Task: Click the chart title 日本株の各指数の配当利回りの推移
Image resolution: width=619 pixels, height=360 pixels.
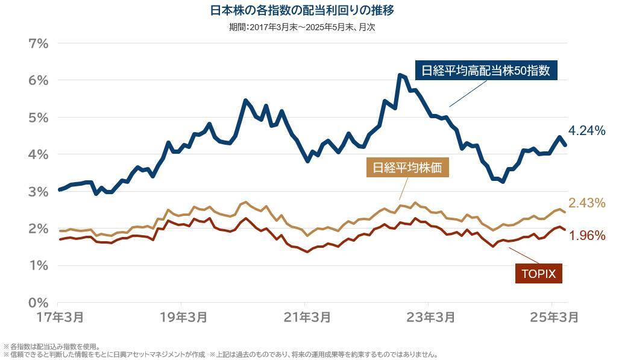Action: [304, 10]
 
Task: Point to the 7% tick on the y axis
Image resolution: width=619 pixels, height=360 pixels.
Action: [39, 43]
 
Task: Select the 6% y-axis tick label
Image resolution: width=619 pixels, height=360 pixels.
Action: [39, 80]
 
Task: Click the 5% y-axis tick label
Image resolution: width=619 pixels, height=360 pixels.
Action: [39, 118]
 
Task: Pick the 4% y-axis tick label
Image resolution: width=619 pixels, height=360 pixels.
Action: [39, 154]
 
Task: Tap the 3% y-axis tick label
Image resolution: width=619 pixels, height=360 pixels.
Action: [39, 192]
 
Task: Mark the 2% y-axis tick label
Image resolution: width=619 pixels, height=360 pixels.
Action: [39, 229]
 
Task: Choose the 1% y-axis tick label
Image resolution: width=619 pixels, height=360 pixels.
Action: [39, 265]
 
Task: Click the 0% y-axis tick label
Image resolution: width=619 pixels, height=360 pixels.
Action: [39, 302]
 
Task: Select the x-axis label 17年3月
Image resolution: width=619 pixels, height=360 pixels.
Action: [58, 317]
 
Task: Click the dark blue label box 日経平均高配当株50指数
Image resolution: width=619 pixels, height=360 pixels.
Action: [486, 70]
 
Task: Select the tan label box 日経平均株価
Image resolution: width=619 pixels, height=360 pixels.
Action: [407, 168]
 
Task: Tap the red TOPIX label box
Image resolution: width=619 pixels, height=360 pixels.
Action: [538, 273]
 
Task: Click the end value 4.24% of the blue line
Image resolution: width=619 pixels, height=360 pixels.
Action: [586, 131]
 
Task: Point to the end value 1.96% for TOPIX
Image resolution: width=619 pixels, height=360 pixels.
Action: [587, 236]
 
